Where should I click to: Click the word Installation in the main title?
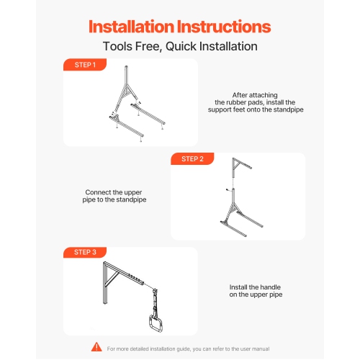132,27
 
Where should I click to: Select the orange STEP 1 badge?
85,65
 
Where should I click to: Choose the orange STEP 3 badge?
85,253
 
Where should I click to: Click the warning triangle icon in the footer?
96,348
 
